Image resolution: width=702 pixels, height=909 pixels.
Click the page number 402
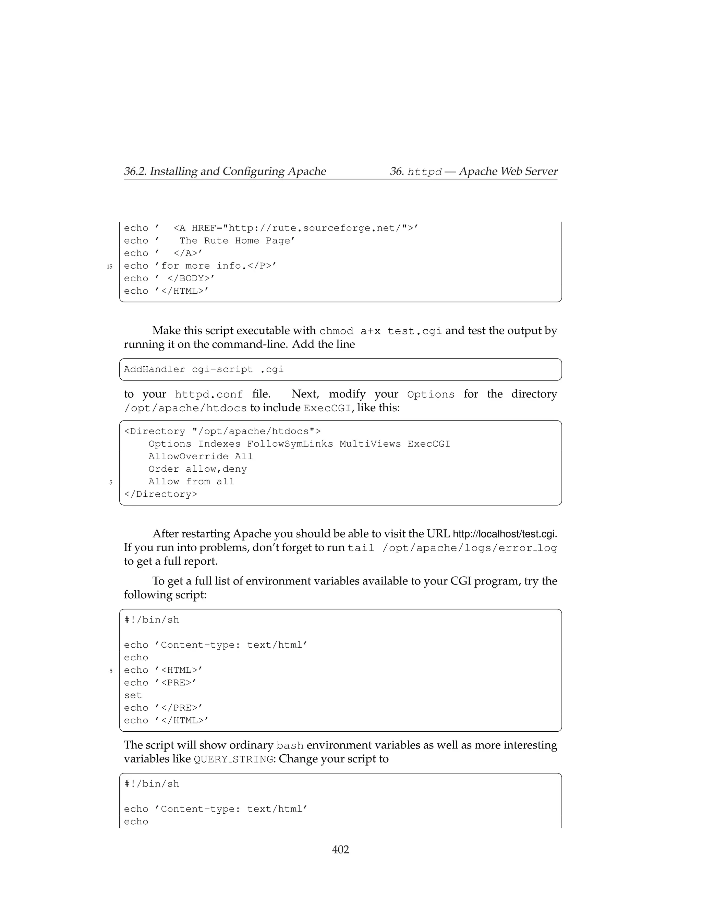point(340,849)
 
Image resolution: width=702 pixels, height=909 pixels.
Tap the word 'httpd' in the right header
point(424,172)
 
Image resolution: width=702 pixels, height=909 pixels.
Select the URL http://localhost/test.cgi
point(504,534)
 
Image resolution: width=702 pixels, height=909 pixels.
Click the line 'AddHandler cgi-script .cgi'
point(204,369)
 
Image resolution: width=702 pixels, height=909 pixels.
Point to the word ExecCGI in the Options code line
point(428,444)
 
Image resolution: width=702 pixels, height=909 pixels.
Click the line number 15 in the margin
point(109,267)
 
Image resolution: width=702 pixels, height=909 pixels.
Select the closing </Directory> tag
point(160,494)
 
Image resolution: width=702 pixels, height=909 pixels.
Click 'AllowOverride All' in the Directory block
point(201,457)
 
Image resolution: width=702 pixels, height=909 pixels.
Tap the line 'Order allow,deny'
point(197,469)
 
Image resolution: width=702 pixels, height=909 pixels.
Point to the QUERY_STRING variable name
point(234,759)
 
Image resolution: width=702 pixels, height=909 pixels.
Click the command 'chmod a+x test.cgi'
point(380,331)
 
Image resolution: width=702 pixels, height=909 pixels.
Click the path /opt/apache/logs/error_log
point(470,548)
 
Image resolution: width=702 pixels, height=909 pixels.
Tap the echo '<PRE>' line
point(160,683)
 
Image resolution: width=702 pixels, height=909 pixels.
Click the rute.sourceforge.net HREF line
point(270,228)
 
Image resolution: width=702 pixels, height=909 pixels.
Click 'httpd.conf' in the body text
point(209,394)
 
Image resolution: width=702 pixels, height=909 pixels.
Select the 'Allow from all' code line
point(191,482)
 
